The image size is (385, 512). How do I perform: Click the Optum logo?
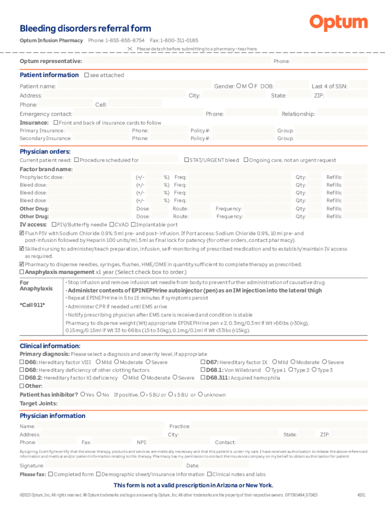[x=338, y=22]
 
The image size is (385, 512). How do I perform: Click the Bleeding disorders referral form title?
[x=85, y=28]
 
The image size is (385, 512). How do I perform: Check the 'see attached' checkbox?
[x=86, y=75]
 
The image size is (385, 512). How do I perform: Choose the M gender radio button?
[x=239, y=86]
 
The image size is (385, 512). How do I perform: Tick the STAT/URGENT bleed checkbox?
[x=186, y=160]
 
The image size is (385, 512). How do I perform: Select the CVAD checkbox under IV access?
[x=111, y=224]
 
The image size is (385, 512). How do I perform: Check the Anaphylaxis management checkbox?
[x=21, y=272]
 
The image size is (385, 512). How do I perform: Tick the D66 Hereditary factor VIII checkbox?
[x=21, y=362]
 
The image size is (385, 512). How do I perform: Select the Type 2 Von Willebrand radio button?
[x=291, y=370]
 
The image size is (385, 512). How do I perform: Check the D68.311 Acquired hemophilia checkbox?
[x=203, y=378]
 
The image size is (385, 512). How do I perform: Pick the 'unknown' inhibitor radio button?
[x=200, y=394]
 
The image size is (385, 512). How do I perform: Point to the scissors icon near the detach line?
[x=130, y=49]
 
